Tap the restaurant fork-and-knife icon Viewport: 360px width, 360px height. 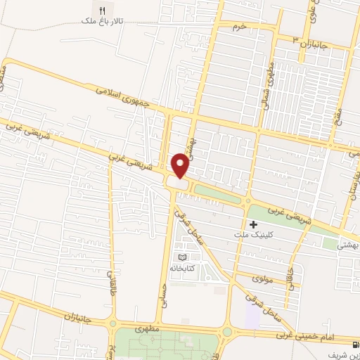click(x=102, y=11)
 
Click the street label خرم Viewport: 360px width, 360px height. click(x=241, y=26)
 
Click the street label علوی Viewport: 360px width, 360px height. click(x=311, y=11)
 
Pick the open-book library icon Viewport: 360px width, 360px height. click(x=185, y=257)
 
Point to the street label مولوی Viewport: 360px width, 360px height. click(x=262, y=278)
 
